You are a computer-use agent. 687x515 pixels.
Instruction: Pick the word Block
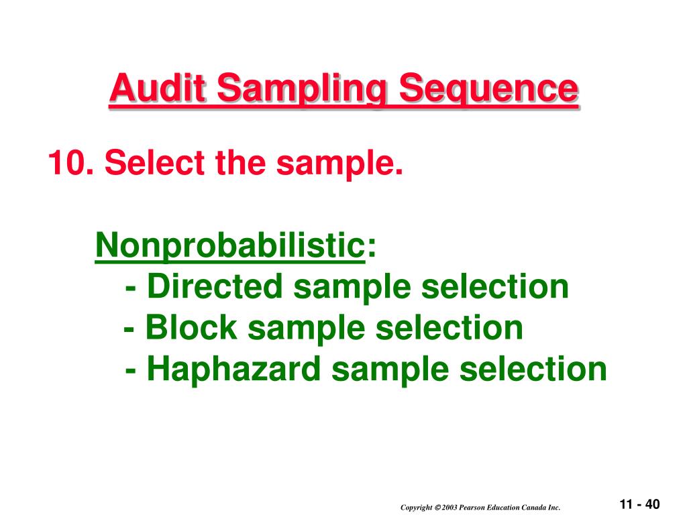click(191, 329)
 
